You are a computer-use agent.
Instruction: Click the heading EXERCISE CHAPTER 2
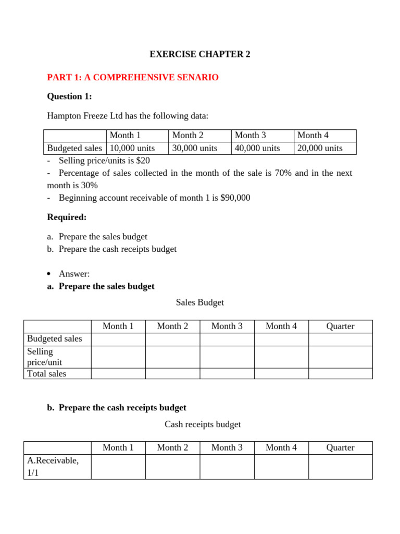[200, 54]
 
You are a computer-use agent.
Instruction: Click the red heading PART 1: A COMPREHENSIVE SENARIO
[133, 78]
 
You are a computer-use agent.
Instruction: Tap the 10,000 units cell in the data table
[132, 148]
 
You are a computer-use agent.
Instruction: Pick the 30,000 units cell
[195, 148]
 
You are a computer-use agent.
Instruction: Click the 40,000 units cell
[257, 148]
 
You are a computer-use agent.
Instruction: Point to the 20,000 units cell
[320, 148]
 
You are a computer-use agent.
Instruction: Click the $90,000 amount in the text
[235, 198]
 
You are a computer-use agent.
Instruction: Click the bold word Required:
[67, 217]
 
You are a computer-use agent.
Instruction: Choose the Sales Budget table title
[200, 302]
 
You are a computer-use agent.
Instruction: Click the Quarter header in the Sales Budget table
[340, 326]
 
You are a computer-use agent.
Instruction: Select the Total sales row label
[47, 373]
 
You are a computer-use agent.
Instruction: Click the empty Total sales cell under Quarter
[340, 373]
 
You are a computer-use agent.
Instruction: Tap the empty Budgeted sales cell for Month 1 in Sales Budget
[118, 339]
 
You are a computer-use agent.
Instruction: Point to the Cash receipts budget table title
[203, 424]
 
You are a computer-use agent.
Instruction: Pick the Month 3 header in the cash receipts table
[227, 447]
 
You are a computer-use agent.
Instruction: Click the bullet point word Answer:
[74, 274]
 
